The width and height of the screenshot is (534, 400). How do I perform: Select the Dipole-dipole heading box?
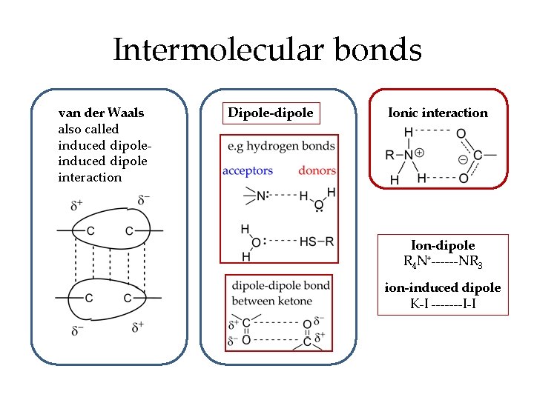click(271, 113)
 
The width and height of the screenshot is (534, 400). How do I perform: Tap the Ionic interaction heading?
click(438, 113)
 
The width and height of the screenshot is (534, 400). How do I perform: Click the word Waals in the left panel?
click(126, 113)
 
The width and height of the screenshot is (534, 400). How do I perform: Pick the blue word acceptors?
click(248, 171)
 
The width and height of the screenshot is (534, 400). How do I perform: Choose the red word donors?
click(317, 171)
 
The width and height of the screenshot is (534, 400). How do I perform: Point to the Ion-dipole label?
click(443, 245)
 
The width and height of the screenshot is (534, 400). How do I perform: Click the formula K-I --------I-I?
click(443, 304)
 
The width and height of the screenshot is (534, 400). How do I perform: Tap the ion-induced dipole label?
click(443, 287)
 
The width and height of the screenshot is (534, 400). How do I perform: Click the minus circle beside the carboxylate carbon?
click(463, 159)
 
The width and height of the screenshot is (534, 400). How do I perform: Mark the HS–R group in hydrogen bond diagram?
click(317, 241)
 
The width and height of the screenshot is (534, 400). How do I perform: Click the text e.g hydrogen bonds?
click(283, 146)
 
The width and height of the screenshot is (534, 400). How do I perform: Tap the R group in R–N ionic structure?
click(390, 156)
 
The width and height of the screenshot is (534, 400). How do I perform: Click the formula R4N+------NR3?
click(443, 261)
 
